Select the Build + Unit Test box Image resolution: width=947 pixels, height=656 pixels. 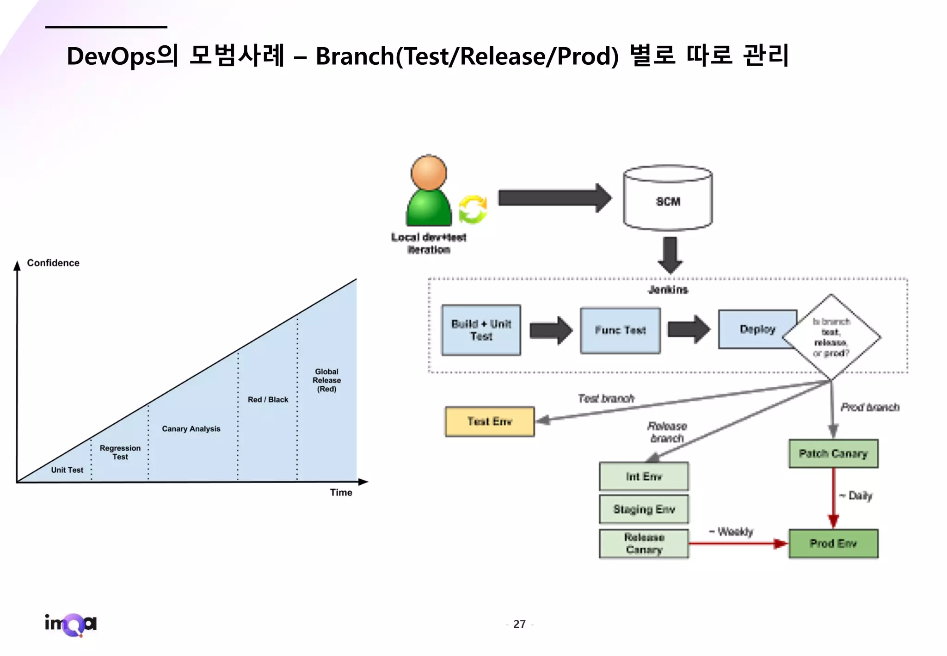[x=481, y=330]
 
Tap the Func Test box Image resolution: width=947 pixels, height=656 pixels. [x=620, y=330]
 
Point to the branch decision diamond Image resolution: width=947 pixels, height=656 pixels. [x=831, y=337]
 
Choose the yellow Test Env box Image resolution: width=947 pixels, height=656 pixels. [x=490, y=421]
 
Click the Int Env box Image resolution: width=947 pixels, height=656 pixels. [x=644, y=476]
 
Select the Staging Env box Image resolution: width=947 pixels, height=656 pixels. [x=644, y=509]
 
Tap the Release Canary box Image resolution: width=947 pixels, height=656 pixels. [x=644, y=544]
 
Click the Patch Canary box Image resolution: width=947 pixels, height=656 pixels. [x=833, y=453]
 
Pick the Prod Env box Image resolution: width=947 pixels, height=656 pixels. [x=833, y=544]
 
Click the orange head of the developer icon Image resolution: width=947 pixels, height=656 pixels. [x=429, y=173]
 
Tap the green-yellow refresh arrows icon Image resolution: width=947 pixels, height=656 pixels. [x=473, y=210]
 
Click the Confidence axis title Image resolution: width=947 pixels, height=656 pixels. [x=53, y=263]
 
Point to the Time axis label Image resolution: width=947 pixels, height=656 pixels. [x=341, y=493]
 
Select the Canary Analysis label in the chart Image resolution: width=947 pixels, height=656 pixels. [x=191, y=429]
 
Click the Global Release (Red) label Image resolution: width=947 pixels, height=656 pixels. [x=326, y=380]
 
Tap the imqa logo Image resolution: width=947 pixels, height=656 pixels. [x=71, y=625]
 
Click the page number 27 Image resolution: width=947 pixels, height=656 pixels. [x=519, y=625]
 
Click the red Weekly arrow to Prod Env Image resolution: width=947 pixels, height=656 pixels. [x=738, y=544]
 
